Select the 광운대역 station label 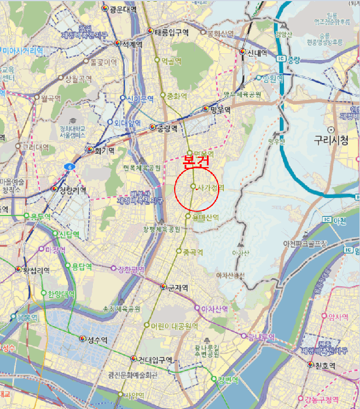point(123,10)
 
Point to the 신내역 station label point(257,52)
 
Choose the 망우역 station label point(220,109)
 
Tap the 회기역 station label point(104,150)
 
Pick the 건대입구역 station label point(155,359)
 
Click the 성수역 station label point(97,339)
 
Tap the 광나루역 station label point(260,336)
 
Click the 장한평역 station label point(131,269)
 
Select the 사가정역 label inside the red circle point(211,188)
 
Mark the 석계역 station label point(131,44)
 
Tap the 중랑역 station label point(167,127)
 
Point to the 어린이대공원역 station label point(171,326)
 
